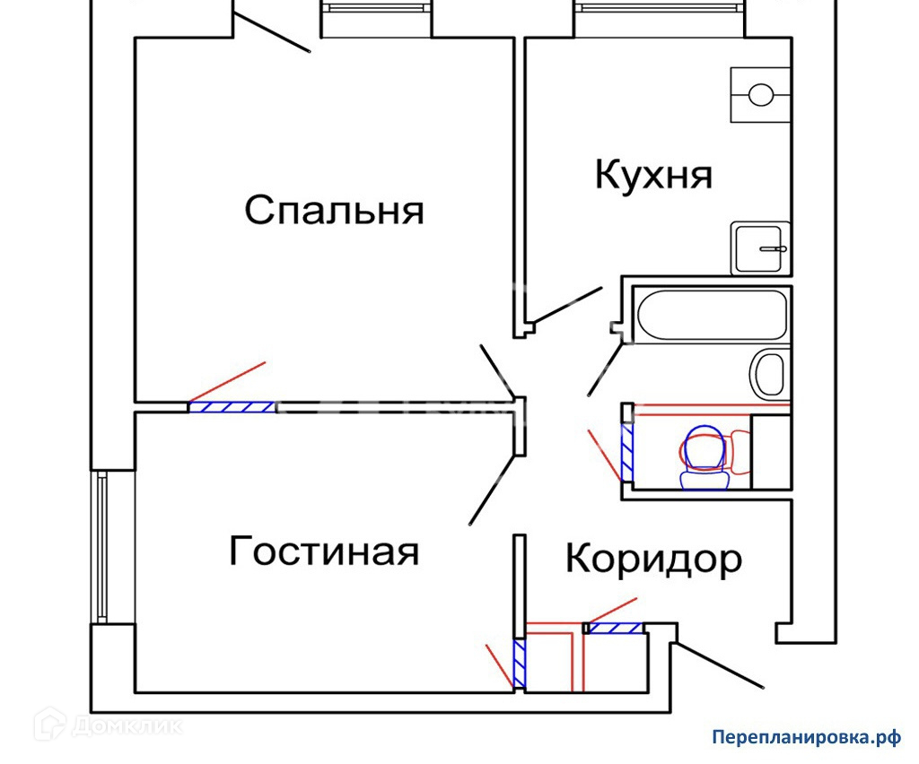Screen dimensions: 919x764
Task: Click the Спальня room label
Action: pos(334,212)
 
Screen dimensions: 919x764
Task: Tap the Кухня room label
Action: pos(653,174)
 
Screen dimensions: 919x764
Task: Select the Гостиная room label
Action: pos(324,551)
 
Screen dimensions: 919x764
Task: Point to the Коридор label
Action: pos(653,559)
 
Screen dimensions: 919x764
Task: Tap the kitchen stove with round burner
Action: pos(761,94)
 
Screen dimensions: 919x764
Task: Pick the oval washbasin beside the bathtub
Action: pos(768,373)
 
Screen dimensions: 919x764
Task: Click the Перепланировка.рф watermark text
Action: pos(805,737)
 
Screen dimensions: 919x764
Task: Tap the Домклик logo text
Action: pos(126,724)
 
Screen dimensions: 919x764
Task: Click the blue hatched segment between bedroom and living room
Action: pos(232,407)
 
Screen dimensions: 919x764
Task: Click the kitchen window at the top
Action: pos(660,8)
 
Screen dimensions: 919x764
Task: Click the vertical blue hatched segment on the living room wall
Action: pos(519,664)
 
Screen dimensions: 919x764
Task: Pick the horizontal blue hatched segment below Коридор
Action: pos(614,629)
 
